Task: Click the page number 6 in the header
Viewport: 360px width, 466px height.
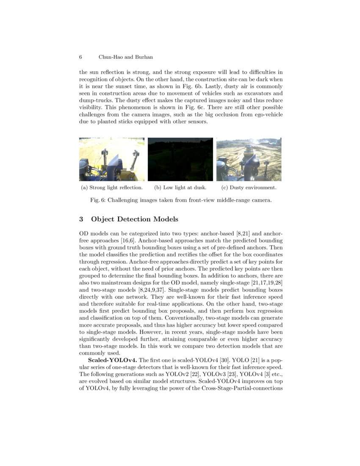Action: pyautogui.click(x=80, y=57)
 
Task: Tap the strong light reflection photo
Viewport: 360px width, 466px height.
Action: pyautogui.click(x=111, y=159)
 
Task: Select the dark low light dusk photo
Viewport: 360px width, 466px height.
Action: pyautogui.click(x=180, y=159)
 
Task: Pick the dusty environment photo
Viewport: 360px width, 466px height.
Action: pyautogui.click(x=249, y=159)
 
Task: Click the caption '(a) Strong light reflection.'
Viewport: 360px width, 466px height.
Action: pyautogui.click(x=111, y=187)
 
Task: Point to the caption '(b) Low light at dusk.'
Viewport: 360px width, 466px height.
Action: pyautogui.click(x=180, y=187)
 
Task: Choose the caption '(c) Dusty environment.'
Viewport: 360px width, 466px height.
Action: pyautogui.click(x=249, y=187)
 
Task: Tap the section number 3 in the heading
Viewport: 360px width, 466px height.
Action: pyautogui.click(x=81, y=219)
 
